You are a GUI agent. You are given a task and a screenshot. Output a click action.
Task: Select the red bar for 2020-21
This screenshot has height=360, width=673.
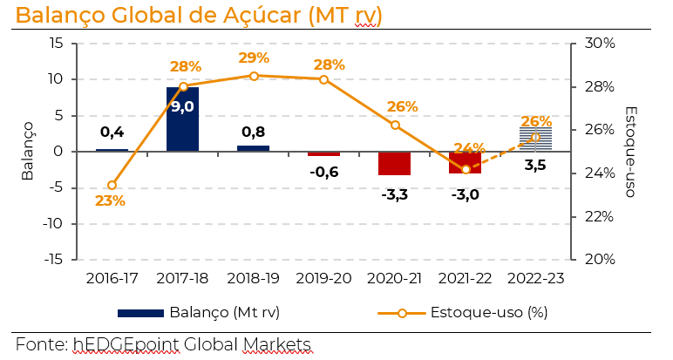pyautogui.click(x=394, y=163)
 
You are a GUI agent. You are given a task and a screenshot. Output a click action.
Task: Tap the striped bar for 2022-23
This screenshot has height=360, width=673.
pyautogui.click(x=535, y=139)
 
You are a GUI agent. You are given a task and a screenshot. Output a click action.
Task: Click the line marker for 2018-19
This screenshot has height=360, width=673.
pyautogui.click(x=254, y=76)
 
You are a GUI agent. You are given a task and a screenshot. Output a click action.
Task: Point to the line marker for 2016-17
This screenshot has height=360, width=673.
pyautogui.click(x=112, y=185)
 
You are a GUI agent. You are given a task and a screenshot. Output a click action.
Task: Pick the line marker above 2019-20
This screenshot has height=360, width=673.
pyautogui.click(x=323, y=79)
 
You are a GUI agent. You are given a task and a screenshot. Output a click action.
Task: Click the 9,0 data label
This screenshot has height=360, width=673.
pyautogui.click(x=182, y=107)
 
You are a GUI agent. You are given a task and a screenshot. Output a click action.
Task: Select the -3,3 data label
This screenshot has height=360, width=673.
pyautogui.click(x=394, y=194)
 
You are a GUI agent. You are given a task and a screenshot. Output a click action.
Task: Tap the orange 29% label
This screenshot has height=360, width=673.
pyautogui.click(x=254, y=58)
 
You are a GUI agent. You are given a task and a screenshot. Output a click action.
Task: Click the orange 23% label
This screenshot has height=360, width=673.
pyautogui.click(x=111, y=201)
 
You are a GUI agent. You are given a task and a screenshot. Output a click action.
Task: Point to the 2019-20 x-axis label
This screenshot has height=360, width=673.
pyautogui.click(x=323, y=277)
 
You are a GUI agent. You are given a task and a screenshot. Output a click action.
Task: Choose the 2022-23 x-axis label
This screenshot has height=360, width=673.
pyautogui.click(x=535, y=277)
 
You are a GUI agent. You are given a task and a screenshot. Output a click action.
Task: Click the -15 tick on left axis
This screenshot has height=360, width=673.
pyautogui.click(x=54, y=260)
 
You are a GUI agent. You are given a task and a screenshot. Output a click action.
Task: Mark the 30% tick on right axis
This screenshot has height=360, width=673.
pyautogui.click(x=599, y=44)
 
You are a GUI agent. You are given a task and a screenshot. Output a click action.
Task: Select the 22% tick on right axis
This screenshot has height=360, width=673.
pyautogui.click(x=599, y=216)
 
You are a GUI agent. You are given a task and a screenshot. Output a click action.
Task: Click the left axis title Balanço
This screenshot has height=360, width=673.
pyautogui.click(x=28, y=151)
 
